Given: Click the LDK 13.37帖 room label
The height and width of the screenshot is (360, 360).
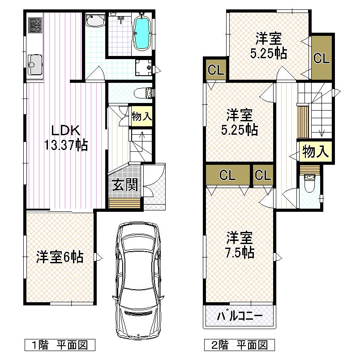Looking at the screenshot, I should [x=65, y=137].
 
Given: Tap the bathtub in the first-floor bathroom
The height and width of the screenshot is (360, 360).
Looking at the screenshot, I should [x=142, y=33].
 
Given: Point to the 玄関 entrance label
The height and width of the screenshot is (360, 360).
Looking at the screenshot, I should [x=124, y=185].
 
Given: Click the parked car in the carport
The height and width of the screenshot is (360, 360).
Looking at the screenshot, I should [x=138, y=280].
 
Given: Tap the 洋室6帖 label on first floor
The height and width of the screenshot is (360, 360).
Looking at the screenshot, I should [x=59, y=257].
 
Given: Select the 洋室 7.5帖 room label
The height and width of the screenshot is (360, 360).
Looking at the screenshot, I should [x=240, y=244].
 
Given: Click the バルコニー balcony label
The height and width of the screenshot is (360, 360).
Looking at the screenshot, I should [x=240, y=317].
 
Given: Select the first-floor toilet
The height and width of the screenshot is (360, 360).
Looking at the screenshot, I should [x=144, y=93].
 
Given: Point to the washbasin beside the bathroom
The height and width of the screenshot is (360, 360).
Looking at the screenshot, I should [x=95, y=20].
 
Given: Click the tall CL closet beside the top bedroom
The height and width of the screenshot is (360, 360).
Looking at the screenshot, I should [x=321, y=58].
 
